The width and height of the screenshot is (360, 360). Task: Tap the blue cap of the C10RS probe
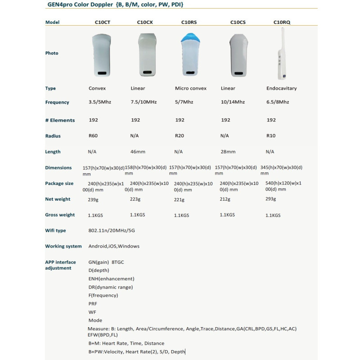click(x=189, y=38)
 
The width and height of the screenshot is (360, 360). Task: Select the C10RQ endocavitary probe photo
click(x=282, y=53)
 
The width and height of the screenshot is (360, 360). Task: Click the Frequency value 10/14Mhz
click(x=232, y=102)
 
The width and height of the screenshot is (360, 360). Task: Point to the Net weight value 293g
click(x=271, y=199)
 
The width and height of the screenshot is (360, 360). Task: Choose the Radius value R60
click(x=94, y=136)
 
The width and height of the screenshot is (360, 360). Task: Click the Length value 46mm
click(x=137, y=152)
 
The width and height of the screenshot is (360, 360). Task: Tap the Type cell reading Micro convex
click(x=190, y=89)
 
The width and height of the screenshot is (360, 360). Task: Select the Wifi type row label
click(x=55, y=230)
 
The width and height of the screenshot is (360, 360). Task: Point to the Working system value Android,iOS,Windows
click(x=113, y=246)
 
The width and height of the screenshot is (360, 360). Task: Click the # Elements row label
click(x=60, y=120)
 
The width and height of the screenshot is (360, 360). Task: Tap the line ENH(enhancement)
click(x=111, y=279)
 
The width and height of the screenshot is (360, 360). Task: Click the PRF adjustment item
click(x=93, y=304)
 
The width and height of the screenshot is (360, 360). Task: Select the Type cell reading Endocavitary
click(x=281, y=89)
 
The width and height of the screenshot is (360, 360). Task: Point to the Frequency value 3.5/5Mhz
click(x=99, y=102)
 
